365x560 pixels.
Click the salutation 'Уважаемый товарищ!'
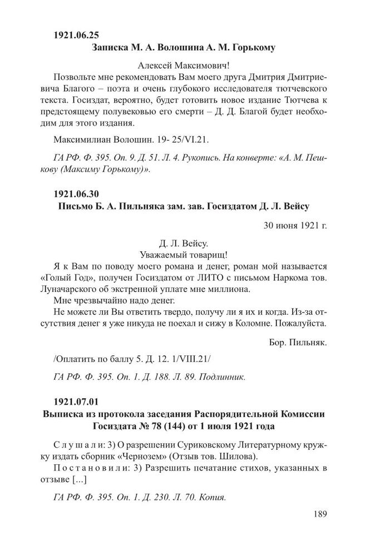pos(182,255)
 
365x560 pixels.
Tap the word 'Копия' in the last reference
pos(213,498)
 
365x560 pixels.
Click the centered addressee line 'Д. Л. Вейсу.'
pos(182,243)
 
